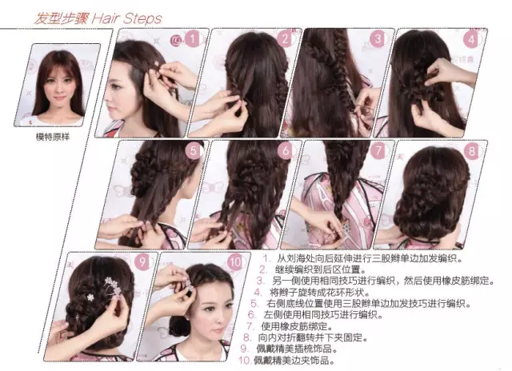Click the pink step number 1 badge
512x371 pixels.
pos(193,39)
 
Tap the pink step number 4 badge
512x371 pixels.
pos(471,40)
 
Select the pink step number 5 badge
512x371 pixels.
pos(194,151)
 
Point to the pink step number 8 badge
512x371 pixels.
pos(471,151)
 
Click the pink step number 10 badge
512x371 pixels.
pos(235,262)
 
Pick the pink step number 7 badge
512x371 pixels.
pos(378,151)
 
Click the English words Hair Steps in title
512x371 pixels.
pos(126,18)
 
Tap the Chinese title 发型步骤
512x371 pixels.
pos(61,18)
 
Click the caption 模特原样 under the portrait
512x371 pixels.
pos(53,137)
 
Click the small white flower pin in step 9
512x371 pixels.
pos(90,297)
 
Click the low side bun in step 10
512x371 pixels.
pos(179,326)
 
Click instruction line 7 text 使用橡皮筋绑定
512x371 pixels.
pos(297,326)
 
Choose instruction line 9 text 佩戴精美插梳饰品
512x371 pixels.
pos(297,349)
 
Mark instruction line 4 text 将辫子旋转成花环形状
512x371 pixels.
pos(320,292)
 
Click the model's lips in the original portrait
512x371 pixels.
pos(60,98)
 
